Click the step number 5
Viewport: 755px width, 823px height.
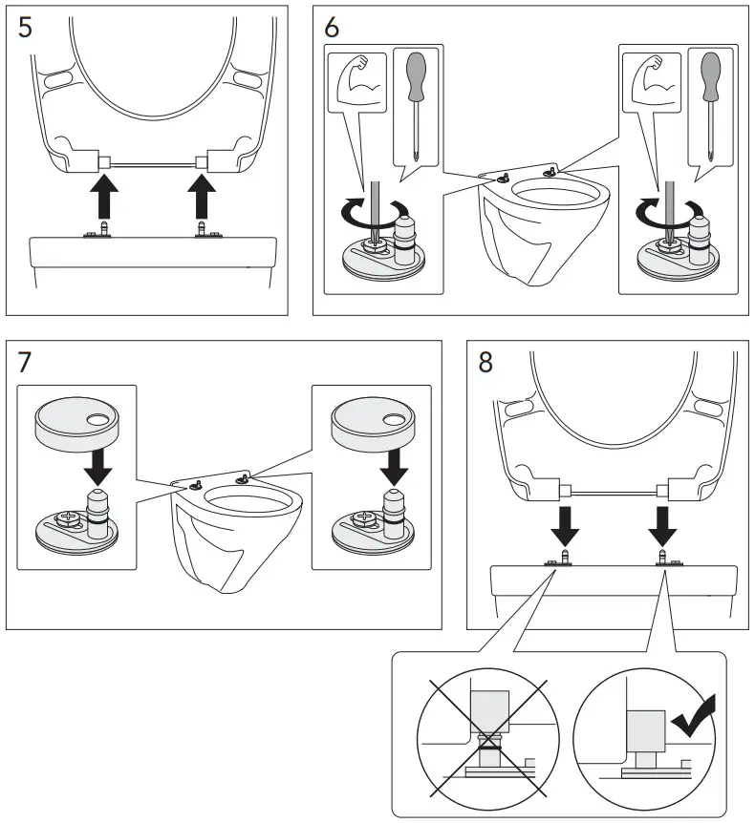pyautogui.click(x=26, y=26)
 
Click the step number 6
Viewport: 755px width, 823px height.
pyautogui.click(x=332, y=26)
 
